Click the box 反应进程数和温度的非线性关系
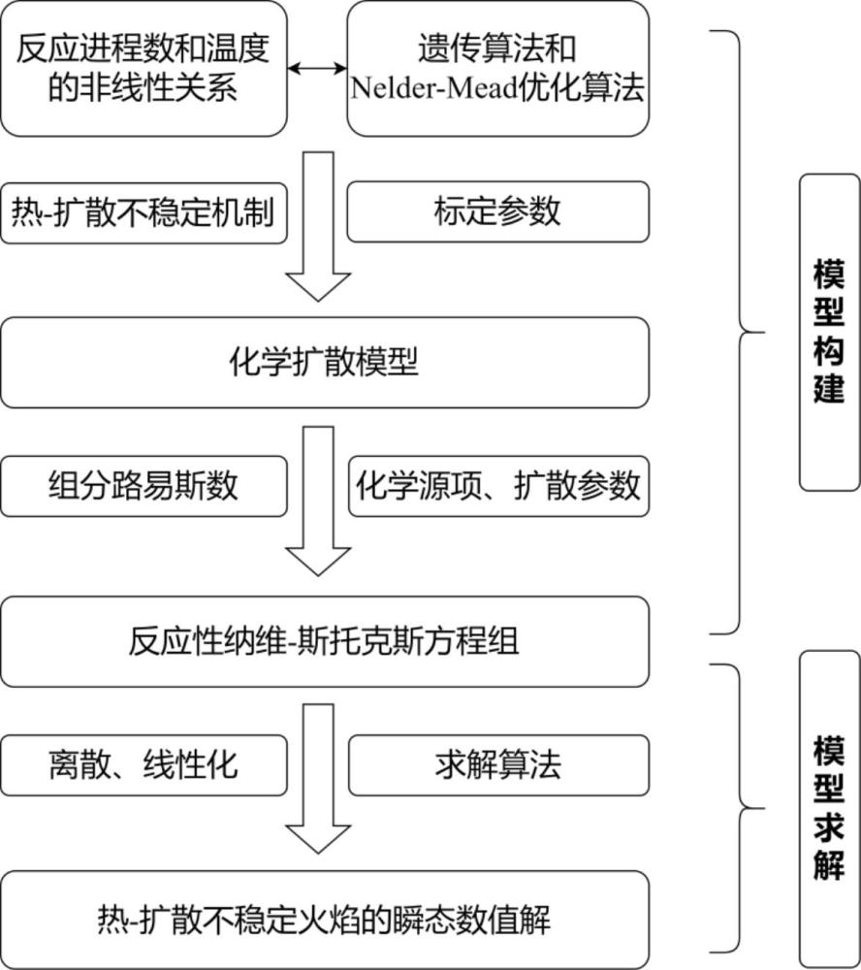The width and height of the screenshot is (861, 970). click(x=143, y=68)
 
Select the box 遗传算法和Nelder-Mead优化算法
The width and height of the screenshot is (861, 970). click(x=497, y=68)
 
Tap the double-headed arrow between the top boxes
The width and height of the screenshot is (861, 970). click(x=317, y=68)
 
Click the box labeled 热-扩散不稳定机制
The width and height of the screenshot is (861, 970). click(x=143, y=211)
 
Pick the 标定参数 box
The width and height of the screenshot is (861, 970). click(x=497, y=211)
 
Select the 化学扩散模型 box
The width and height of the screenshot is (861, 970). click(x=324, y=362)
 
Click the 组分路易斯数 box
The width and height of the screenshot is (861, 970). click(x=143, y=486)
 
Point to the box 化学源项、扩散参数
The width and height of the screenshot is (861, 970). click(x=497, y=486)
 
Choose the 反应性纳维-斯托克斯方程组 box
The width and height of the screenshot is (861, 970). click(x=324, y=641)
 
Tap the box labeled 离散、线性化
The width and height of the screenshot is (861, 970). click(x=143, y=765)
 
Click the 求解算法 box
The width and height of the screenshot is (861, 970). click(x=497, y=765)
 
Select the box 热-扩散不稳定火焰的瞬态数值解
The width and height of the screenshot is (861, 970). click(x=324, y=917)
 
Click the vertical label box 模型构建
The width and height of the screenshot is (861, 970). click(x=829, y=332)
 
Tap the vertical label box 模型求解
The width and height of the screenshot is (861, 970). click(x=829, y=808)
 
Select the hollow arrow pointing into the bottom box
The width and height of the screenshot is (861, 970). click(x=318, y=781)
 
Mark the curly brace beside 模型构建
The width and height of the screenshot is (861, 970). click(x=742, y=332)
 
